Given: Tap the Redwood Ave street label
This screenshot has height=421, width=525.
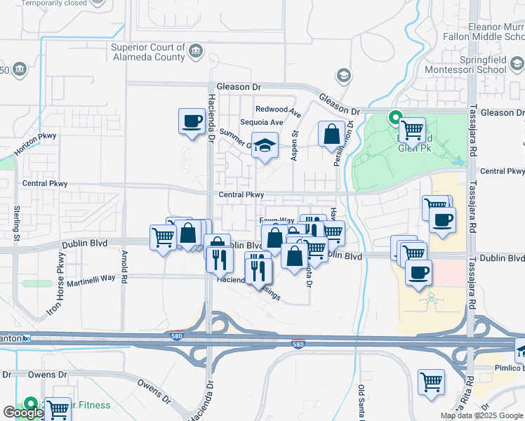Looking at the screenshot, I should point(278,109).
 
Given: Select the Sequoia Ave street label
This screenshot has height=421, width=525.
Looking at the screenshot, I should point(262,122).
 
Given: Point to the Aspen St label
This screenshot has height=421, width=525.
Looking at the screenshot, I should point(295,142).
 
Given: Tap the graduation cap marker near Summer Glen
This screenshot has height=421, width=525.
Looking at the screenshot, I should point(264,145).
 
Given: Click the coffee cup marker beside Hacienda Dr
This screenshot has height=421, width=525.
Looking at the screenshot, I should point(191,121).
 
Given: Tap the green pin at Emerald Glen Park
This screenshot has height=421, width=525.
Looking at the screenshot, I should point(394,118).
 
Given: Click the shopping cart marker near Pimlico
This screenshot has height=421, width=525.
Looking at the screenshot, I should point(431,382).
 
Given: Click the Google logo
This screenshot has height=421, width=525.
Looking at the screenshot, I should point(22,413).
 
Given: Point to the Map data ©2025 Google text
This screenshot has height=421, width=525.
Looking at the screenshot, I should point(481,415).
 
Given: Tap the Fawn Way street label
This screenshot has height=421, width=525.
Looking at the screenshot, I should point(277,220).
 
